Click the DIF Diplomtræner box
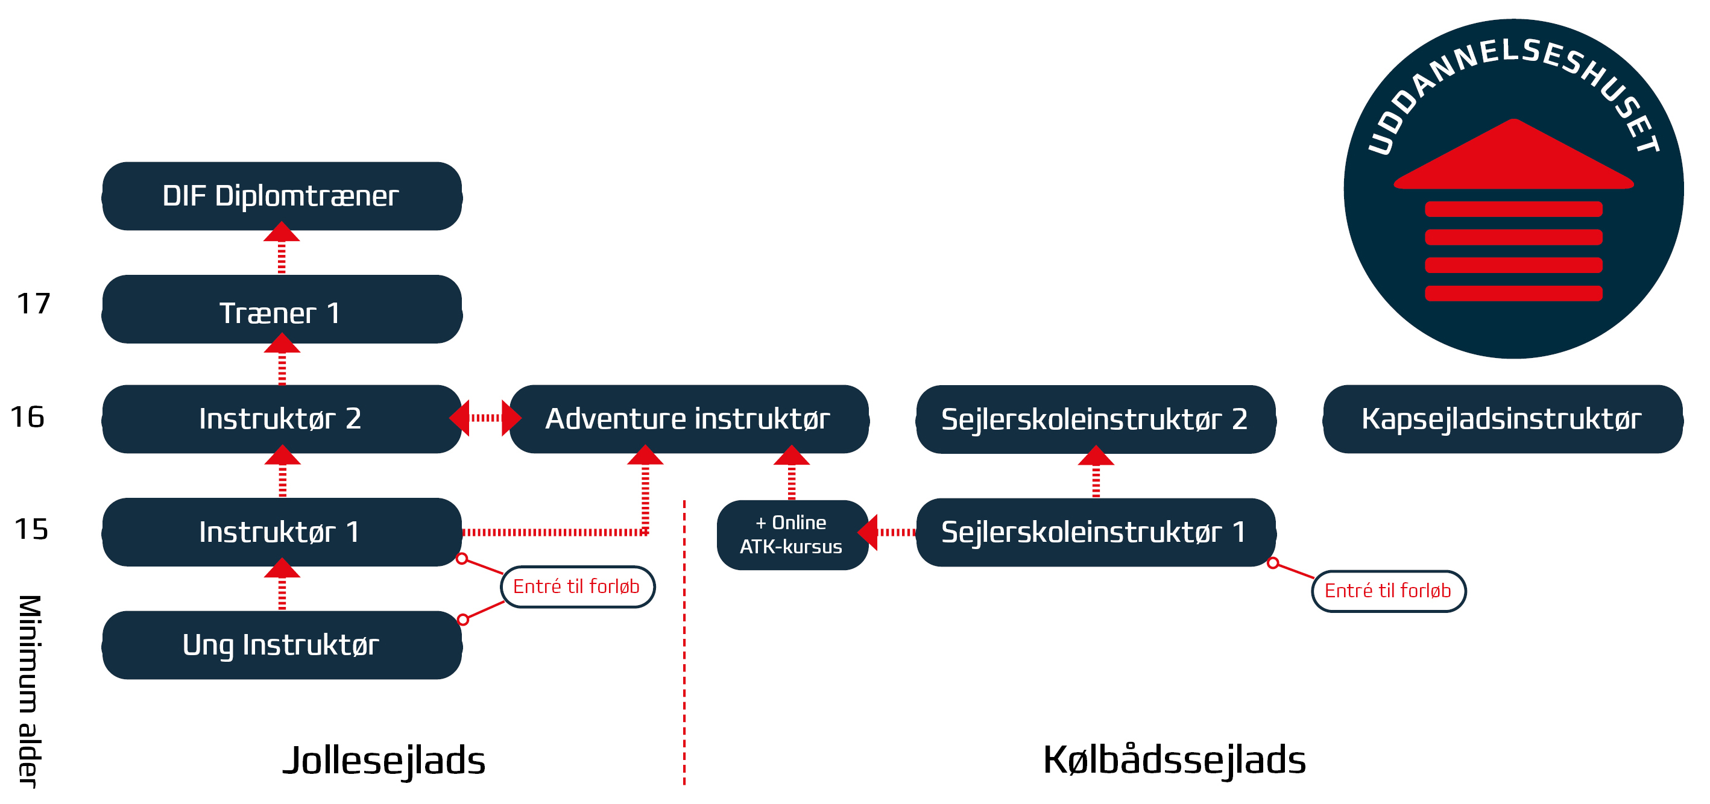point(282,196)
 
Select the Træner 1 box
point(282,310)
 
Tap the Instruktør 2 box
point(282,419)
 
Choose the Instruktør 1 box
point(282,532)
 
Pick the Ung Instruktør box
point(282,645)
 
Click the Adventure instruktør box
point(689,419)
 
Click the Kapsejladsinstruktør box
point(1502,419)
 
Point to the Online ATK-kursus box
point(791,535)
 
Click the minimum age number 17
point(33,304)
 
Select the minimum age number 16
point(28,417)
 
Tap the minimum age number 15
point(31,529)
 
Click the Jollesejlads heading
point(383,760)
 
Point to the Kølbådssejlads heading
point(1175,760)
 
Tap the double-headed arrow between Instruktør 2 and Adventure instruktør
point(485,418)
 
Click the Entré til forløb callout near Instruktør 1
point(577,586)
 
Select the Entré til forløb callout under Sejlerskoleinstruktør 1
point(1388,591)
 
